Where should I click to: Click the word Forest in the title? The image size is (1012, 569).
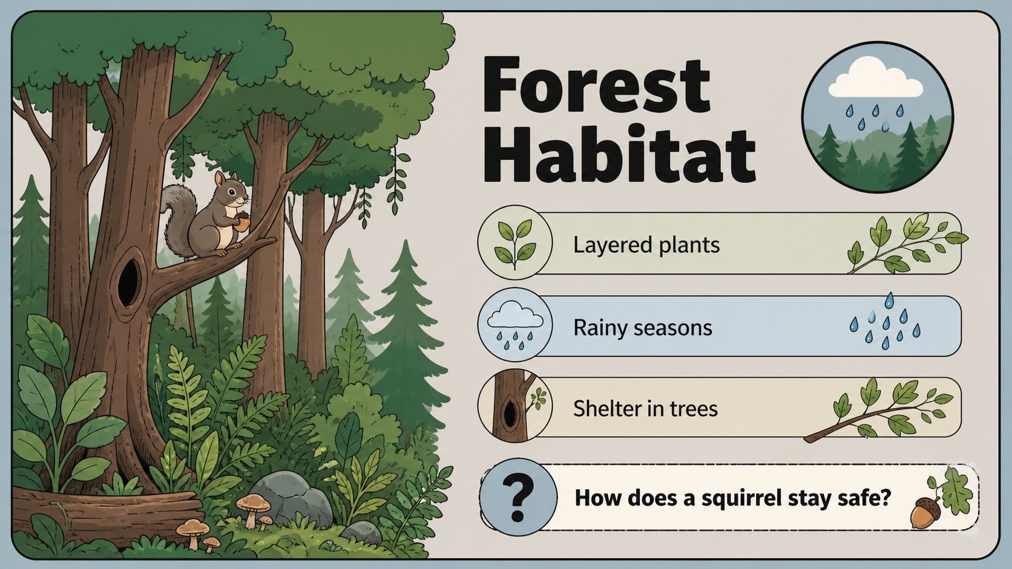596,85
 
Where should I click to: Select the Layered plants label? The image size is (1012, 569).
646,245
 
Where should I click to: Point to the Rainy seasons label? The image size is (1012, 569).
642,328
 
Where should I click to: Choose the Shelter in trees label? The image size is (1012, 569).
645,409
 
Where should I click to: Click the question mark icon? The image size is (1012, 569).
517,497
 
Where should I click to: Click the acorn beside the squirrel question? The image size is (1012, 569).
925,512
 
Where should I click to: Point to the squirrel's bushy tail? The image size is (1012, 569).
179,219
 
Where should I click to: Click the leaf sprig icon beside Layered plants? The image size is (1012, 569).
515,242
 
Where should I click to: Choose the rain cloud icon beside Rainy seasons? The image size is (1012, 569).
515,325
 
